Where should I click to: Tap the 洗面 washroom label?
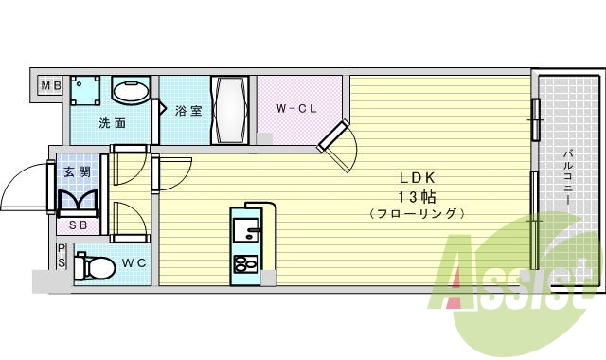[x=113, y=123]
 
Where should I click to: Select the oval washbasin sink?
[x=131, y=93]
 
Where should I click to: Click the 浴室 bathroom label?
[x=188, y=111]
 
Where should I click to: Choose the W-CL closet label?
[x=294, y=109]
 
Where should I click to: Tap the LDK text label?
[x=416, y=177]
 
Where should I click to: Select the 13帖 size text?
[x=416, y=196]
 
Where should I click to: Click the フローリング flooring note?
[x=416, y=214]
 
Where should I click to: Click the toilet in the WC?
[x=92, y=264]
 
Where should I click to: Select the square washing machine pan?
[x=87, y=93]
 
